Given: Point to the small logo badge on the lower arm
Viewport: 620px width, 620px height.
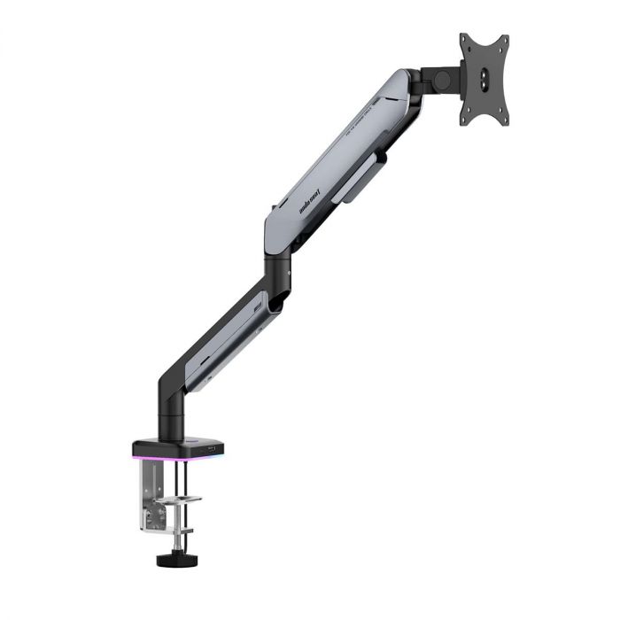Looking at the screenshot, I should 260,306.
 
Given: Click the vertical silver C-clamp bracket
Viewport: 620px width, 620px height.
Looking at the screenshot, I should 147,505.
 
